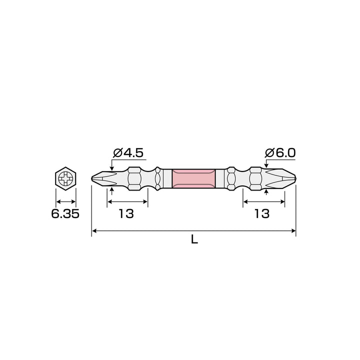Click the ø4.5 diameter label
128,153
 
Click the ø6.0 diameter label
280,153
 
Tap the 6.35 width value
65,214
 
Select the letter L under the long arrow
194,239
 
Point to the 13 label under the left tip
126,214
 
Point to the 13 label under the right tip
262,214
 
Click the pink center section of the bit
194,178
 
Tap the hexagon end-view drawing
65,178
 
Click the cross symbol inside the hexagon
65,178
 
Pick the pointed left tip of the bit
92,178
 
